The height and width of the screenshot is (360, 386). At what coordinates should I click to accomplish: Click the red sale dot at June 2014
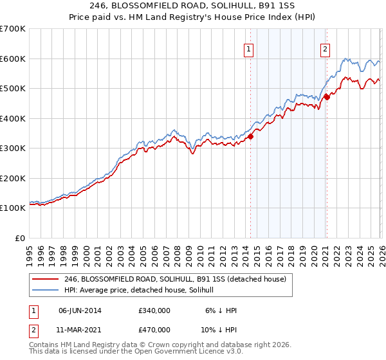(x=251, y=136)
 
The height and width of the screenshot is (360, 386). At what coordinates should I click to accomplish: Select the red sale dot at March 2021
(x=327, y=97)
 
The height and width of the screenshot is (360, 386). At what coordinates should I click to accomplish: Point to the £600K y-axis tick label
(x=13, y=59)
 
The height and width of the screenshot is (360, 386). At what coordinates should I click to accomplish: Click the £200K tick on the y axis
(x=13, y=178)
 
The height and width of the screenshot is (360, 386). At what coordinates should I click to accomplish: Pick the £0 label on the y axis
(x=21, y=238)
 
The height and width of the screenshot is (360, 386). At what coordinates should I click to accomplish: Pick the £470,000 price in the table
(x=154, y=328)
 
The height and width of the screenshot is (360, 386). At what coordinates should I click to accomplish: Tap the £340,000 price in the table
(x=154, y=310)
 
